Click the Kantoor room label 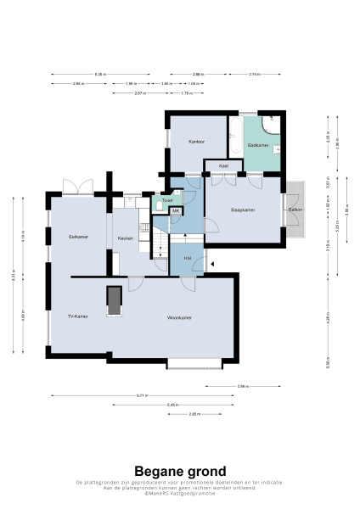(x=197, y=143)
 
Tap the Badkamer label (x=258, y=146)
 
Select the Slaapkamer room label (x=244, y=209)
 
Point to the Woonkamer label (x=179, y=317)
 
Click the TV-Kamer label (x=78, y=316)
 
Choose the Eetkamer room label (x=78, y=237)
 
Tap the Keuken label (x=126, y=239)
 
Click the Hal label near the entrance (x=187, y=258)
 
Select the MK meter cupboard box (x=176, y=210)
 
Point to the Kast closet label (x=223, y=166)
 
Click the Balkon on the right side (x=295, y=209)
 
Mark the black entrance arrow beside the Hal (x=212, y=265)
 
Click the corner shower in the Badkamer (x=270, y=126)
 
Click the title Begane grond (x=180, y=471)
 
